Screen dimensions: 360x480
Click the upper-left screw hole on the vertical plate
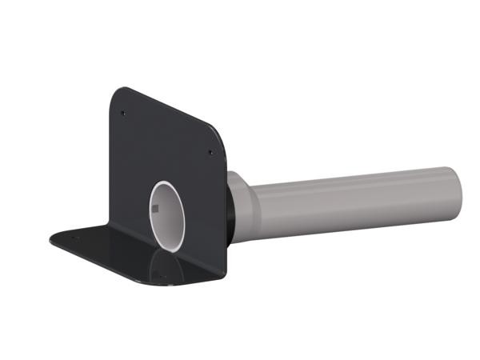122,113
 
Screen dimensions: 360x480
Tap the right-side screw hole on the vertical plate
210,152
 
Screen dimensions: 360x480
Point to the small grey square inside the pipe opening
157,210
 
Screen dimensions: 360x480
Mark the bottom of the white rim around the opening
171,250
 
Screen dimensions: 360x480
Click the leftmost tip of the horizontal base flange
50,237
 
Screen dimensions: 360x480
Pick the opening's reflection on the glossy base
168,268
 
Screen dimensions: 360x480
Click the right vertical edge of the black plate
226,208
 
